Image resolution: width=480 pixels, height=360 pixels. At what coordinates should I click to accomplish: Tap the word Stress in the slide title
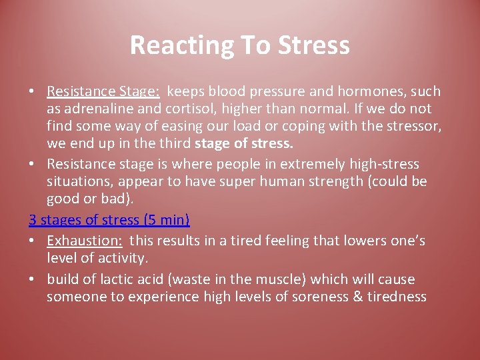tap(315, 45)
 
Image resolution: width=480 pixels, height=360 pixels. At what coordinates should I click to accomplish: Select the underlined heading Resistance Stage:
tap(103, 91)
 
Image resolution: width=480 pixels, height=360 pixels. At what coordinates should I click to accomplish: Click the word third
tap(175, 143)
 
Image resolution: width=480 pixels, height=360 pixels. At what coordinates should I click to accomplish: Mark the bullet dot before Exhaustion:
tap(33, 241)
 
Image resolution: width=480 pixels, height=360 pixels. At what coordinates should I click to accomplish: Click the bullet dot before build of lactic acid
tap(33, 280)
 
